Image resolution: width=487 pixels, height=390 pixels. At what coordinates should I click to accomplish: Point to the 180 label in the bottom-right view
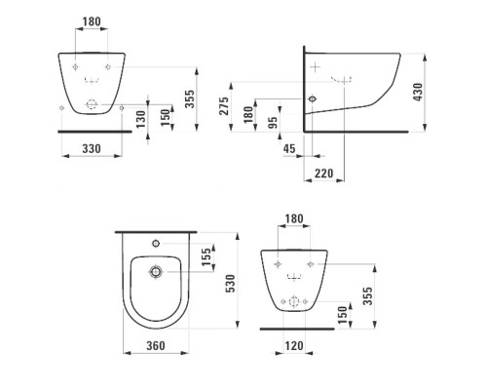[293, 218]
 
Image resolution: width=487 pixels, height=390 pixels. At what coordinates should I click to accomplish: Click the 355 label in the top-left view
[201, 98]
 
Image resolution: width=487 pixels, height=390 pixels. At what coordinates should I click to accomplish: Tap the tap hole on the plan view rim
[155, 239]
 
